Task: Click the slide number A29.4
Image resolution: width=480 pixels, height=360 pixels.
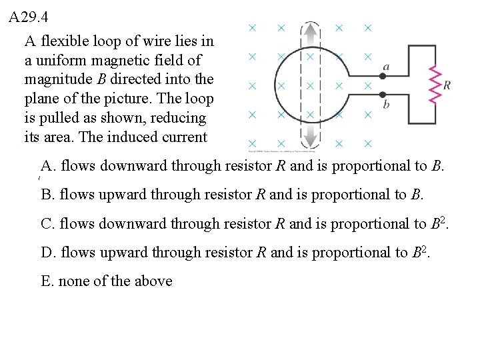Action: tap(29, 17)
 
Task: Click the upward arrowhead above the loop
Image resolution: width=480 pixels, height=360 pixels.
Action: tap(310, 29)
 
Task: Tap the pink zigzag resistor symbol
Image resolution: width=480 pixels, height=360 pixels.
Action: tap(435, 85)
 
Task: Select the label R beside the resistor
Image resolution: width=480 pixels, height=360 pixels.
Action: tap(447, 85)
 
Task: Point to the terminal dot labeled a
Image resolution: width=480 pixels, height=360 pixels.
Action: tap(383, 76)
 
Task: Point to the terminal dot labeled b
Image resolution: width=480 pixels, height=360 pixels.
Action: tap(383, 95)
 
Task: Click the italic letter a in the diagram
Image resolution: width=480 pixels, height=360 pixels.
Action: tap(387, 66)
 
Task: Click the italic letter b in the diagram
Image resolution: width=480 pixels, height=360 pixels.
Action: tap(387, 105)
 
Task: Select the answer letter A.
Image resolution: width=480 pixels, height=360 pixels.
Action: tap(46, 166)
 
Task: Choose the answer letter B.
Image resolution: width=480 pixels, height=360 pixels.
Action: tap(47, 195)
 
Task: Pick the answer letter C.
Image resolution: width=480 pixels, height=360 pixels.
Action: tap(47, 223)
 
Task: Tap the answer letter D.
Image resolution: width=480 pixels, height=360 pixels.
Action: tap(47, 253)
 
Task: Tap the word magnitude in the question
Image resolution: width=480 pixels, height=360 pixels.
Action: tap(56, 79)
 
